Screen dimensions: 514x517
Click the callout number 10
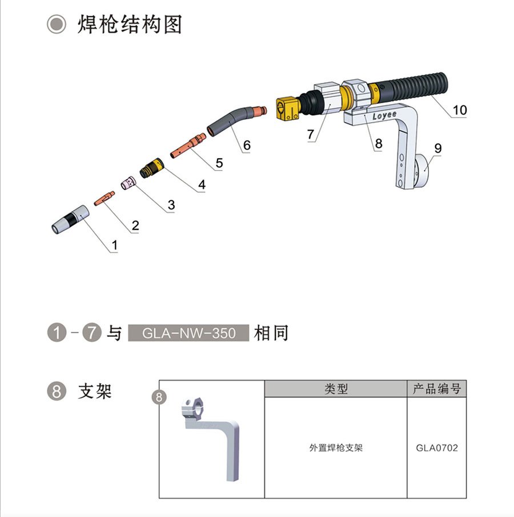coord(460,110)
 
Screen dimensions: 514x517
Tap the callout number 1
coord(114,245)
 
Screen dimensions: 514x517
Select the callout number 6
coord(247,145)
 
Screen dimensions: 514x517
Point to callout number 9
coord(438,148)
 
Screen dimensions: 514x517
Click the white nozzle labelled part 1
coord(70,220)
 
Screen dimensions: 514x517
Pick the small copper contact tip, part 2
coord(105,199)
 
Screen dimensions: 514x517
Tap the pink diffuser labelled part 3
coord(128,183)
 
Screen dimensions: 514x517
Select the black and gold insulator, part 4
coord(151,168)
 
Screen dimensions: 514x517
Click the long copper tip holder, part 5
coord(188,146)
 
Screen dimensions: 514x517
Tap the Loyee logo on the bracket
coord(384,115)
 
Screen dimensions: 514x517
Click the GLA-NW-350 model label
coord(188,333)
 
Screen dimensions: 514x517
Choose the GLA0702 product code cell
coord(437,448)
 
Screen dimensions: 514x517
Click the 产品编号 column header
coord(437,389)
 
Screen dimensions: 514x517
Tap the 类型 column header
coord(336,389)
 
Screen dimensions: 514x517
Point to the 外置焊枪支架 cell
coord(336,448)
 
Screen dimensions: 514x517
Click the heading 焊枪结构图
coord(130,25)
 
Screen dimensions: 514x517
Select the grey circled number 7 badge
coord(91,332)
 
